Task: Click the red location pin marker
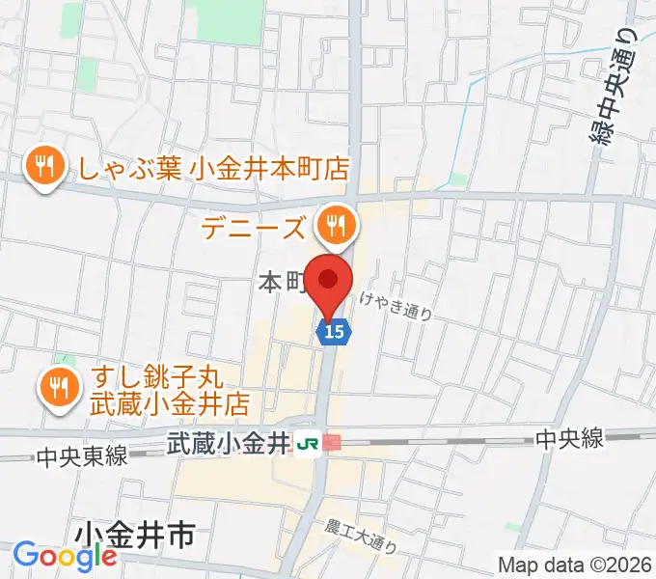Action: coord(329,282)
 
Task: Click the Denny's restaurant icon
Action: coord(336,226)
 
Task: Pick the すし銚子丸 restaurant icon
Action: coord(60,386)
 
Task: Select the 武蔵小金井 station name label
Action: coord(228,443)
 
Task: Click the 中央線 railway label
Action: coord(570,439)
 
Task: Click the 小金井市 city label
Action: coord(133,533)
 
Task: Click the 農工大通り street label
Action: coord(362,535)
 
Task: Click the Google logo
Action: coord(65,556)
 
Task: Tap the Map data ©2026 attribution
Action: coord(575,565)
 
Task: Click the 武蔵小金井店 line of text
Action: coord(170,400)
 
